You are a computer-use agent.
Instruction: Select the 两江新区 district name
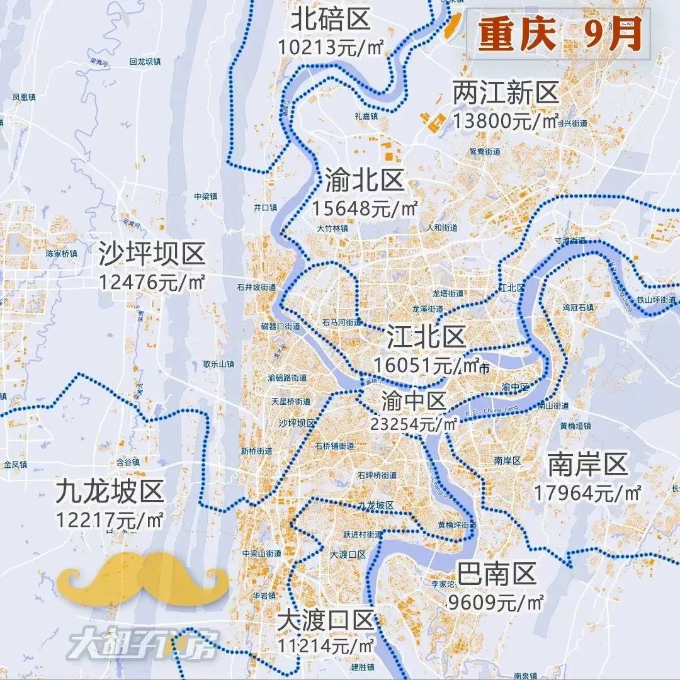click(506, 94)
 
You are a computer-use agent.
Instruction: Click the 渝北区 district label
click(365, 181)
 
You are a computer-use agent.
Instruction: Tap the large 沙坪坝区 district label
click(152, 255)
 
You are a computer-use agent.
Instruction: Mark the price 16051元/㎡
click(427, 365)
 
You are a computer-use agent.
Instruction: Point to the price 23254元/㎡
click(414, 424)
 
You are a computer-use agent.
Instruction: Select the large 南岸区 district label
click(587, 465)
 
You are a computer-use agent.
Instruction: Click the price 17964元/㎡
click(587, 492)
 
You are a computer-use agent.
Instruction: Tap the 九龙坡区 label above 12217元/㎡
click(109, 491)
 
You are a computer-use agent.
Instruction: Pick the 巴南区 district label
click(497, 574)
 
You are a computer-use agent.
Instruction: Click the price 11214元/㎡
click(326, 645)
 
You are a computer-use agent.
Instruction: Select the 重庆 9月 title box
click(558, 36)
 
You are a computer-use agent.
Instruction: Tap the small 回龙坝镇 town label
click(145, 62)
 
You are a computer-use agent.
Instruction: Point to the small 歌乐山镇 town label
click(218, 364)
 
